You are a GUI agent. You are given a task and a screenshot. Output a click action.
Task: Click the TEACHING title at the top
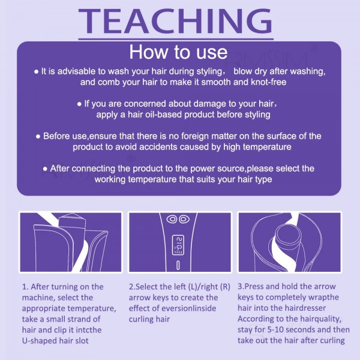point(176,21)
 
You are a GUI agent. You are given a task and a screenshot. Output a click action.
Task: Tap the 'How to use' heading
point(178,52)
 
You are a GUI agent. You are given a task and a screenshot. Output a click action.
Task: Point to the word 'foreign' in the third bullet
point(195,136)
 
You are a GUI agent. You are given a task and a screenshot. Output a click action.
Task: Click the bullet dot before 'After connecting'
point(45,169)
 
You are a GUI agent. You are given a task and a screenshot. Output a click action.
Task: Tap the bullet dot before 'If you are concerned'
point(79,104)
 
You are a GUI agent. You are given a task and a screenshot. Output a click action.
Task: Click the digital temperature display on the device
point(178,245)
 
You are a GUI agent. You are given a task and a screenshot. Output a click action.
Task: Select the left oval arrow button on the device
point(172,219)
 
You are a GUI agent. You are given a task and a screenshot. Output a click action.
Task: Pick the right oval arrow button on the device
point(184,219)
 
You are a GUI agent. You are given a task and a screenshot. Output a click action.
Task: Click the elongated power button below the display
point(178,265)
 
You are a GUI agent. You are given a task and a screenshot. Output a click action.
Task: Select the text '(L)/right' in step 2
point(203,287)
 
